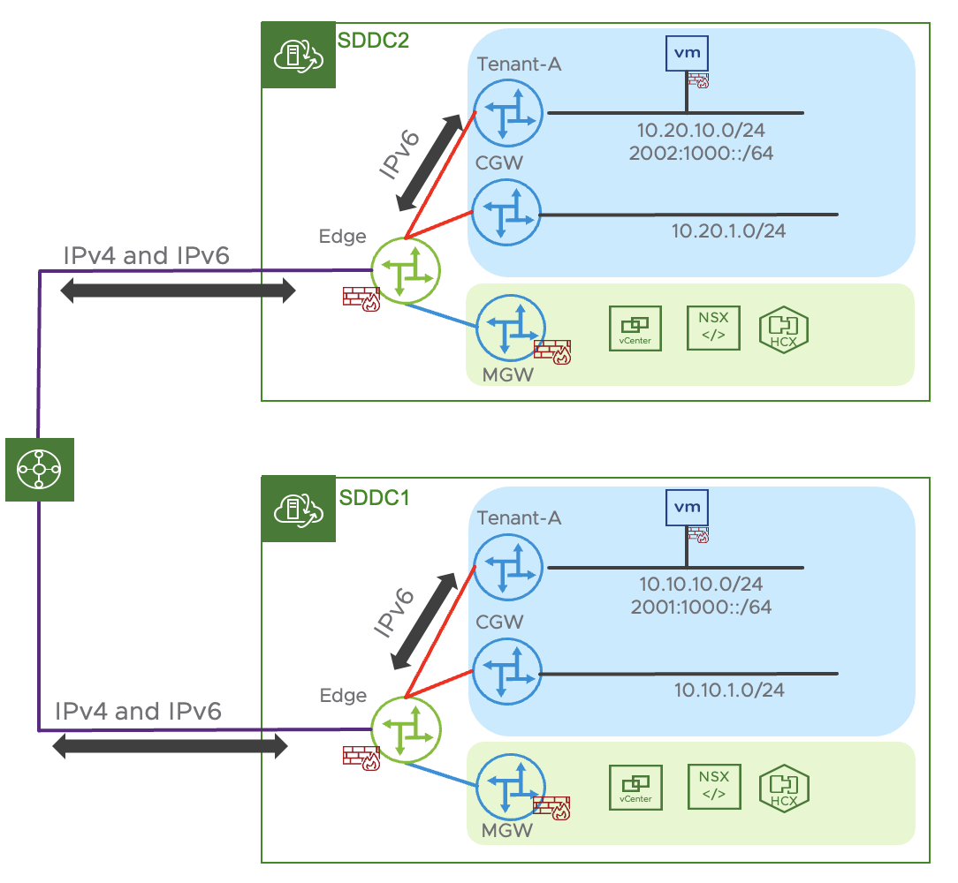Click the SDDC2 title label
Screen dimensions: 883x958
click(374, 40)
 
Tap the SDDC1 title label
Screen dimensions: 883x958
click(374, 497)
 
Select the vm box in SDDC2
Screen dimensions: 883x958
click(687, 53)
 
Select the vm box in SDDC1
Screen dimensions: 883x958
click(687, 507)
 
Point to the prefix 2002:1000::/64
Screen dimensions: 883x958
click(699, 152)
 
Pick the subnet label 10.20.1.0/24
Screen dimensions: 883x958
click(728, 231)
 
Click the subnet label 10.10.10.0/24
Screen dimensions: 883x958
click(701, 585)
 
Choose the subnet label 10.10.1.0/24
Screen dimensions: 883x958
click(729, 690)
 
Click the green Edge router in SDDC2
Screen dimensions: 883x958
click(406, 271)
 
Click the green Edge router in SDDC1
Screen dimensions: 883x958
click(406, 728)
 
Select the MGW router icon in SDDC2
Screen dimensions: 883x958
click(510, 328)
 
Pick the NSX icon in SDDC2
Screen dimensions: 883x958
click(713, 328)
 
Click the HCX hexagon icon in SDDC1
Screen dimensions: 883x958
click(784, 787)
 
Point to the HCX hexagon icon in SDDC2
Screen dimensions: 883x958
click(784, 328)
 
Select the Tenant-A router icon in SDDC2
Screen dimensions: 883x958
click(507, 113)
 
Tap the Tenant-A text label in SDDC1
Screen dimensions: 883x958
click(519, 518)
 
